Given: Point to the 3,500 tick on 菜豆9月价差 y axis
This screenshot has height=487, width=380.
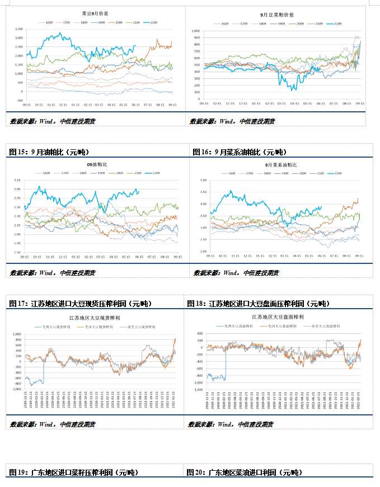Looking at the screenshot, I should [19, 29].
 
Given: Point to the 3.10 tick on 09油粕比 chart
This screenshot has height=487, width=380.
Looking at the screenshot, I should [17, 180].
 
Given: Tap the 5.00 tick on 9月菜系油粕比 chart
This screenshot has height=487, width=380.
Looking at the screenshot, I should [203, 180].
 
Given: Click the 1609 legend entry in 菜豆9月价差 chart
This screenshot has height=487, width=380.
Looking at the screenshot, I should [45, 22].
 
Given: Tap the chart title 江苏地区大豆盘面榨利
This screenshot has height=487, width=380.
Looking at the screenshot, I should [278, 316].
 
